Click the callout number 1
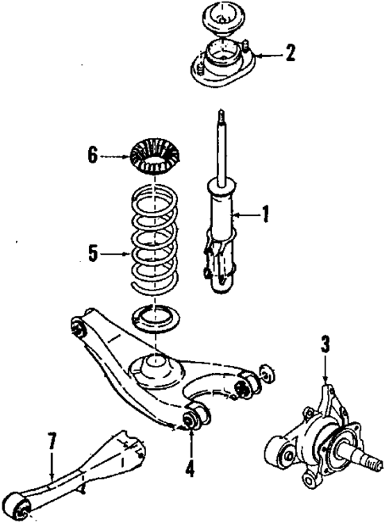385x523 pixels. [x=266, y=213]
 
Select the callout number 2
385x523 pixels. [x=291, y=54]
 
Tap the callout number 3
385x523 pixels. [x=325, y=346]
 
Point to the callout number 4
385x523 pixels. [x=190, y=467]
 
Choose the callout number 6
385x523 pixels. [x=94, y=156]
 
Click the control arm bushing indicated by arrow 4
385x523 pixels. [x=193, y=418]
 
